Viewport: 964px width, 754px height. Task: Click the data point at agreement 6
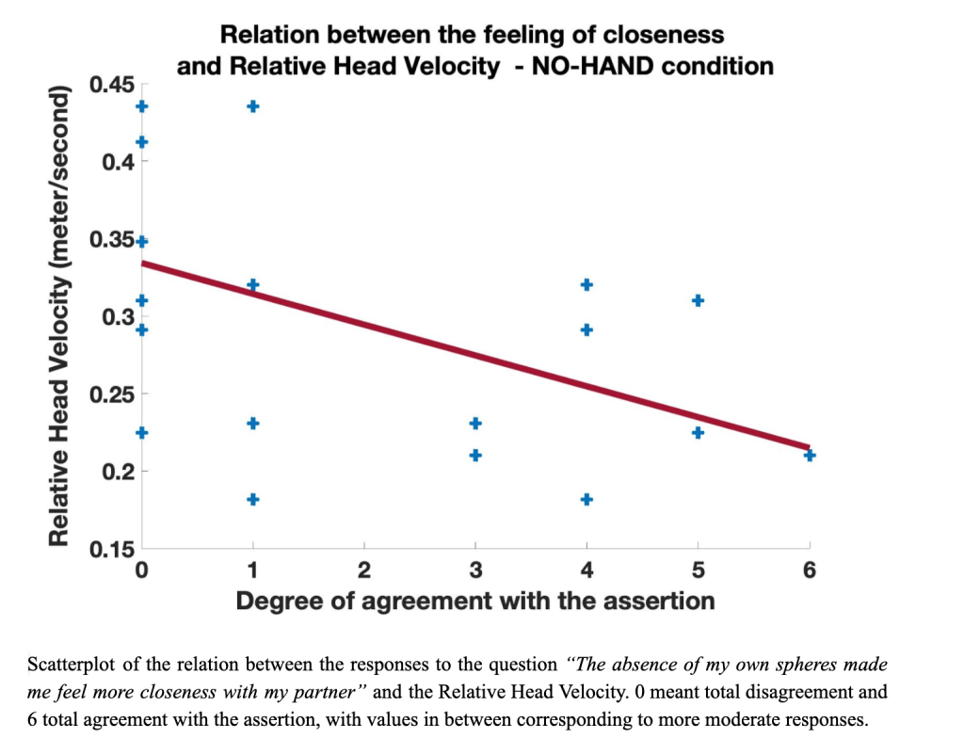[x=810, y=456]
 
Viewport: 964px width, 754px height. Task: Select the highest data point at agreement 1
[x=252, y=106]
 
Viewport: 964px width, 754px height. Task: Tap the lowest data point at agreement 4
[x=586, y=499]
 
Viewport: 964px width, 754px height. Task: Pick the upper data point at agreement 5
[x=698, y=300]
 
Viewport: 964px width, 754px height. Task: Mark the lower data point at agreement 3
[x=475, y=456]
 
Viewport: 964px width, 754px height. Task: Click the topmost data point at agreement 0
[x=141, y=106]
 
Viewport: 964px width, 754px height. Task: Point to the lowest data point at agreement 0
[x=141, y=432]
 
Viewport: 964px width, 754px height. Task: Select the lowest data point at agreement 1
[x=252, y=499]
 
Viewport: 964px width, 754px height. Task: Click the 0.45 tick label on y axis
[x=110, y=86]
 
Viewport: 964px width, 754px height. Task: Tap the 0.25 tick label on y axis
[x=110, y=393]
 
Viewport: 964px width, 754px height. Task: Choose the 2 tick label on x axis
[x=363, y=570]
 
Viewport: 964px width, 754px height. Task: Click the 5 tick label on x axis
[x=698, y=570]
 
